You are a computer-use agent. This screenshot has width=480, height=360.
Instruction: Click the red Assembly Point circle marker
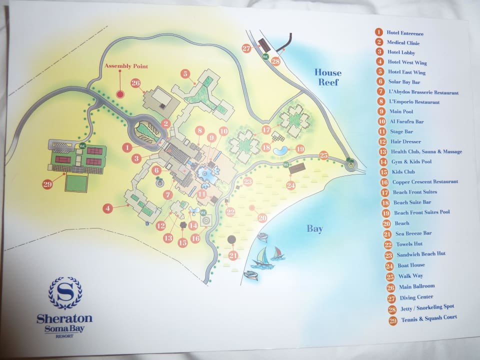pos(120,93)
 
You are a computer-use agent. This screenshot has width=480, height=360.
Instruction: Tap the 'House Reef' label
pos(327,77)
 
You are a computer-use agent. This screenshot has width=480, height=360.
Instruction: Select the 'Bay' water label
pos(315,229)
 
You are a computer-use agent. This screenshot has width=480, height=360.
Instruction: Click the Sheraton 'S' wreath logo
pos(65,293)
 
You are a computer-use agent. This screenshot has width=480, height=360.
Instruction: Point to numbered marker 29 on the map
pos(47,184)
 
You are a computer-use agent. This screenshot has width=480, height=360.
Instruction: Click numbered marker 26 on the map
pos(135,83)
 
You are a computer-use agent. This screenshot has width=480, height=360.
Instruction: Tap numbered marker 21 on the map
pos(233,255)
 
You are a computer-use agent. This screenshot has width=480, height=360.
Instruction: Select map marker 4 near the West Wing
pos(108,207)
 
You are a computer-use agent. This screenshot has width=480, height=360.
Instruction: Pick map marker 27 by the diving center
pos(246,48)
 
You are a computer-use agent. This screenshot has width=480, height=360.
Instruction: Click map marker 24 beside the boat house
pos(291,185)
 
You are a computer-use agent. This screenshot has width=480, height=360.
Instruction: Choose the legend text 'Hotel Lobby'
pos(401,52)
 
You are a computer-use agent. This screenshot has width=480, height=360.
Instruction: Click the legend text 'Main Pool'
pos(402,111)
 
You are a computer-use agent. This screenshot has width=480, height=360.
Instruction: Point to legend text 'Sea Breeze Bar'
pos(414,233)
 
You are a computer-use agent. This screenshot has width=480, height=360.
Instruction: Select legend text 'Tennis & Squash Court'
pos(428,318)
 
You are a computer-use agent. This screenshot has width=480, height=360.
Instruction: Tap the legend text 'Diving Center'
pos(416,297)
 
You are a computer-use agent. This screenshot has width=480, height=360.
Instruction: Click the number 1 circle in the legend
pos(379,33)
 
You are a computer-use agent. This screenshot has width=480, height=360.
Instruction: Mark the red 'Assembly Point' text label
pos(126,66)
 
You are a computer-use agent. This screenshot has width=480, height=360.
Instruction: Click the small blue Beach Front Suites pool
pos(281,150)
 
